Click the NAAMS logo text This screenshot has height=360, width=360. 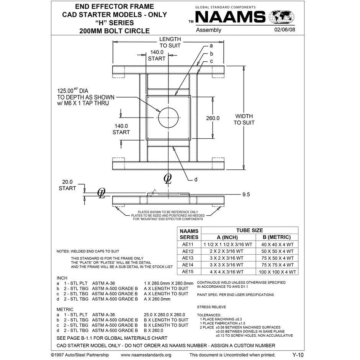pos(230,17)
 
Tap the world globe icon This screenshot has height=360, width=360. pos(282,17)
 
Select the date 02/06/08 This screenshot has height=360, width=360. pos(285,30)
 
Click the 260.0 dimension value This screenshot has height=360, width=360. pos(213,118)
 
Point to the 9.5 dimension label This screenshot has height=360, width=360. pos(246,195)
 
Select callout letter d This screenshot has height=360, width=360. pos(195,179)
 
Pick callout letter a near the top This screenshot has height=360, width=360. pos(211,46)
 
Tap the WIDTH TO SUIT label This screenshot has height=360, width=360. pos(244,119)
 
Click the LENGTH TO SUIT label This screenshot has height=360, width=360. pos(170,42)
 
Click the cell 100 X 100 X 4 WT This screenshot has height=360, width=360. pos(277,272)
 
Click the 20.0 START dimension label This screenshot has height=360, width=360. pos(67,185)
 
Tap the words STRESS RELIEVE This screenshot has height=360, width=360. pos(211,307)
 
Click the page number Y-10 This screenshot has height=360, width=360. pos(298,355)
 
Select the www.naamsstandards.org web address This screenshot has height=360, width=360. pos(146,355)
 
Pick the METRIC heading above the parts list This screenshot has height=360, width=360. pos(65,309)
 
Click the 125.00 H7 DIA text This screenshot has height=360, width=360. pos(73,91)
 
